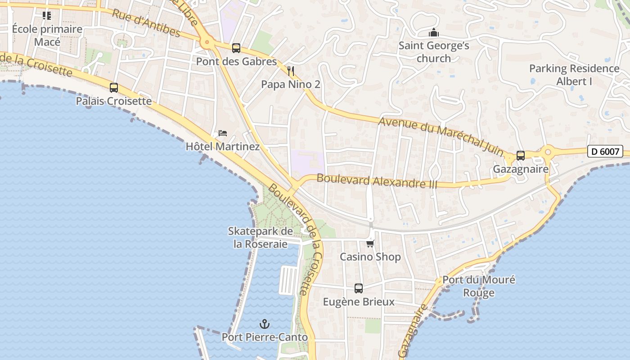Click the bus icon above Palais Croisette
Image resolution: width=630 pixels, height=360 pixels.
(x=114, y=88)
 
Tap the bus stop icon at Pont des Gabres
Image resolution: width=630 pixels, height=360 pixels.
(x=236, y=48)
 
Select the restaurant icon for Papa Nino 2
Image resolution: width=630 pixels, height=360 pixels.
(x=291, y=71)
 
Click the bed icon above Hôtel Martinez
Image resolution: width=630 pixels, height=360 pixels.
(x=222, y=133)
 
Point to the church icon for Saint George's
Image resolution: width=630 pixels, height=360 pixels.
(x=434, y=33)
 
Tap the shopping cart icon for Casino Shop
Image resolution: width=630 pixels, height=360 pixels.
(x=370, y=244)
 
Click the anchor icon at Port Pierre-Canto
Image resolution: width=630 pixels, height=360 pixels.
(x=265, y=324)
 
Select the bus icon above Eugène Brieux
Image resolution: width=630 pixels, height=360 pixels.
(x=359, y=288)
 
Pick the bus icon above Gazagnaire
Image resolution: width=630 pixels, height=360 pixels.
(x=521, y=156)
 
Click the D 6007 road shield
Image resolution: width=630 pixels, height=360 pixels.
(x=605, y=152)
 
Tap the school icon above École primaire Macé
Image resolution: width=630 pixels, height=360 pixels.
(x=47, y=16)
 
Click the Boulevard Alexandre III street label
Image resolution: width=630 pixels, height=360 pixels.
(x=377, y=181)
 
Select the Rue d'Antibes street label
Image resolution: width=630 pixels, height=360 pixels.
(x=146, y=23)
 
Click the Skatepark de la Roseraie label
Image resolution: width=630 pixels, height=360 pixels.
(x=260, y=238)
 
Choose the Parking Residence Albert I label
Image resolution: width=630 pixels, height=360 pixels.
(x=574, y=75)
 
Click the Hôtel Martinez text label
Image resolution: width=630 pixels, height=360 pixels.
(x=223, y=147)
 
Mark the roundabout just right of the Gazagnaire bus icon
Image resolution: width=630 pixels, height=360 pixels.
(x=548, y=152)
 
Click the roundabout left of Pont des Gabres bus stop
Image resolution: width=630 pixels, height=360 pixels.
(x=207, y=43)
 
